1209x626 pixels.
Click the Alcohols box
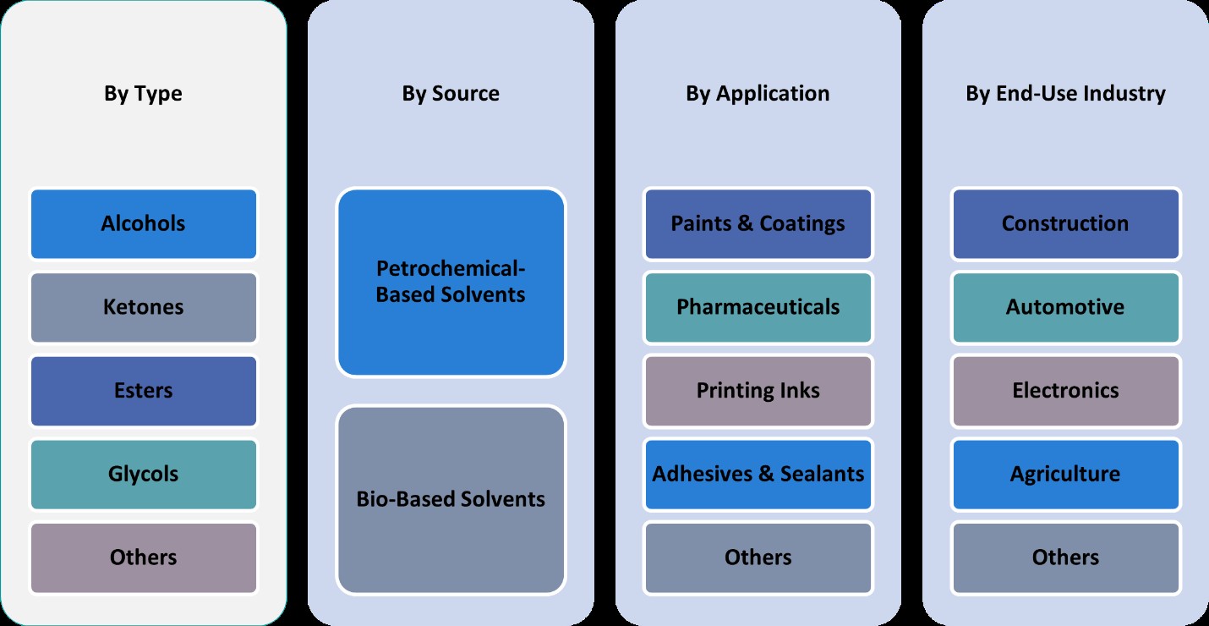click(x=143, y=224)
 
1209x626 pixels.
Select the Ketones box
click(x=143, y=307)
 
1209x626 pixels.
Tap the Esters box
click(x=143, y=391)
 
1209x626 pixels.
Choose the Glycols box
click(x=143, y=474)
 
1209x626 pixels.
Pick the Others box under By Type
click(x=143, y=557)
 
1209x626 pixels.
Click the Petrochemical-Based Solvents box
click(x=451, y=283)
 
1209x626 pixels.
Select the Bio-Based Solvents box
click(x=451, y=499)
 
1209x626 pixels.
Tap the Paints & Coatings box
click(x=758, y=224)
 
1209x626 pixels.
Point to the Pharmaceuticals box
click(x=758, y=307)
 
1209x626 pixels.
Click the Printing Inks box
click(x=758, y=391)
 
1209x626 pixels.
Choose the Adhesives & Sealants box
click(x=758, y=474)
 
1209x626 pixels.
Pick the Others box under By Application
click(x=758, y=557)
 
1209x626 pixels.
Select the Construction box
click(x=1065, y=224)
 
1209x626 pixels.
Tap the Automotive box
click(x=1065, y=307)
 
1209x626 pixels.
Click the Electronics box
click(x=1065, y=391)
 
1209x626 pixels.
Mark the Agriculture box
click(x=1065, y=474)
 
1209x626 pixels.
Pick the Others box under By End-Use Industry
click(x=1065, y=557)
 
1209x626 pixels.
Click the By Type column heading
click(x=143, y=93)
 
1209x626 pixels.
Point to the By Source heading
click(x=451, y=93)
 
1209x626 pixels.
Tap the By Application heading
click(x=758, y=93)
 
